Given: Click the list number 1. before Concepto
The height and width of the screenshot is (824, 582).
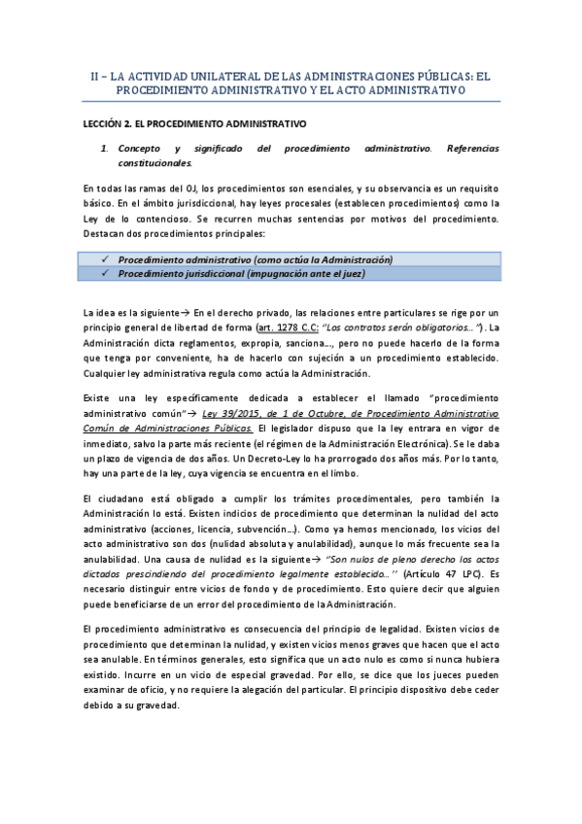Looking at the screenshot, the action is [x=105, y=149].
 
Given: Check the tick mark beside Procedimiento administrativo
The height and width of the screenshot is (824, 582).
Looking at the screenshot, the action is [x=103, y=259].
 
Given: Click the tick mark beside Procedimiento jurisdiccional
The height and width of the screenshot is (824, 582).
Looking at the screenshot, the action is [x=103, y=274].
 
